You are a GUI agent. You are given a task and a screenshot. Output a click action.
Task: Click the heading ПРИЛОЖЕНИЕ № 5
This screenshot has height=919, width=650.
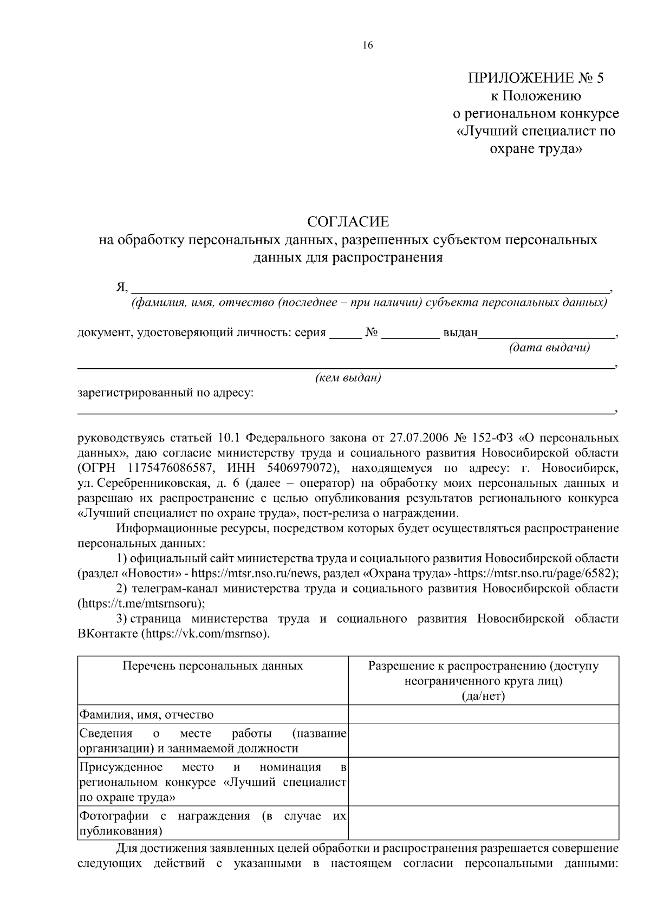pos(535,79)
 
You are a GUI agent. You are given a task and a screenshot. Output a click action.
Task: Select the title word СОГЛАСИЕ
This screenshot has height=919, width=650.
pos(348,221)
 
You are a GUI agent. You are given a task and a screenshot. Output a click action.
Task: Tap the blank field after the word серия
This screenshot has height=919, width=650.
pos(346,333)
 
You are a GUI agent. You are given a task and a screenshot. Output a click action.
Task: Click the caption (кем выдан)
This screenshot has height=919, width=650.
pos(348,378)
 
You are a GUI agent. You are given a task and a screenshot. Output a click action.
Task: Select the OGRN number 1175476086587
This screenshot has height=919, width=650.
pos(170,467)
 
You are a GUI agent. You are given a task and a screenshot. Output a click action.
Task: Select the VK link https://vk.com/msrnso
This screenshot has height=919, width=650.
pos(204,633)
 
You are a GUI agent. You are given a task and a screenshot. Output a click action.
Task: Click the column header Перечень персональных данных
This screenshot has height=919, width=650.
pos(212,666)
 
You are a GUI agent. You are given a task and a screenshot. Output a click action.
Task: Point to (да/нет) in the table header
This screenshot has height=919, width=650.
pos(483,696)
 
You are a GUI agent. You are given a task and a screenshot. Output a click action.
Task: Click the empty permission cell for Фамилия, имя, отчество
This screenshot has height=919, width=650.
pos(483,714)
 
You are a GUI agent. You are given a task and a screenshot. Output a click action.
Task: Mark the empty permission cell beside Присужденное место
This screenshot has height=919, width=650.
pos(483,782)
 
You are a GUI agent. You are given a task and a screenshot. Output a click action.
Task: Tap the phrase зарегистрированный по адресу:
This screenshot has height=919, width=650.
pos(166,393)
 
